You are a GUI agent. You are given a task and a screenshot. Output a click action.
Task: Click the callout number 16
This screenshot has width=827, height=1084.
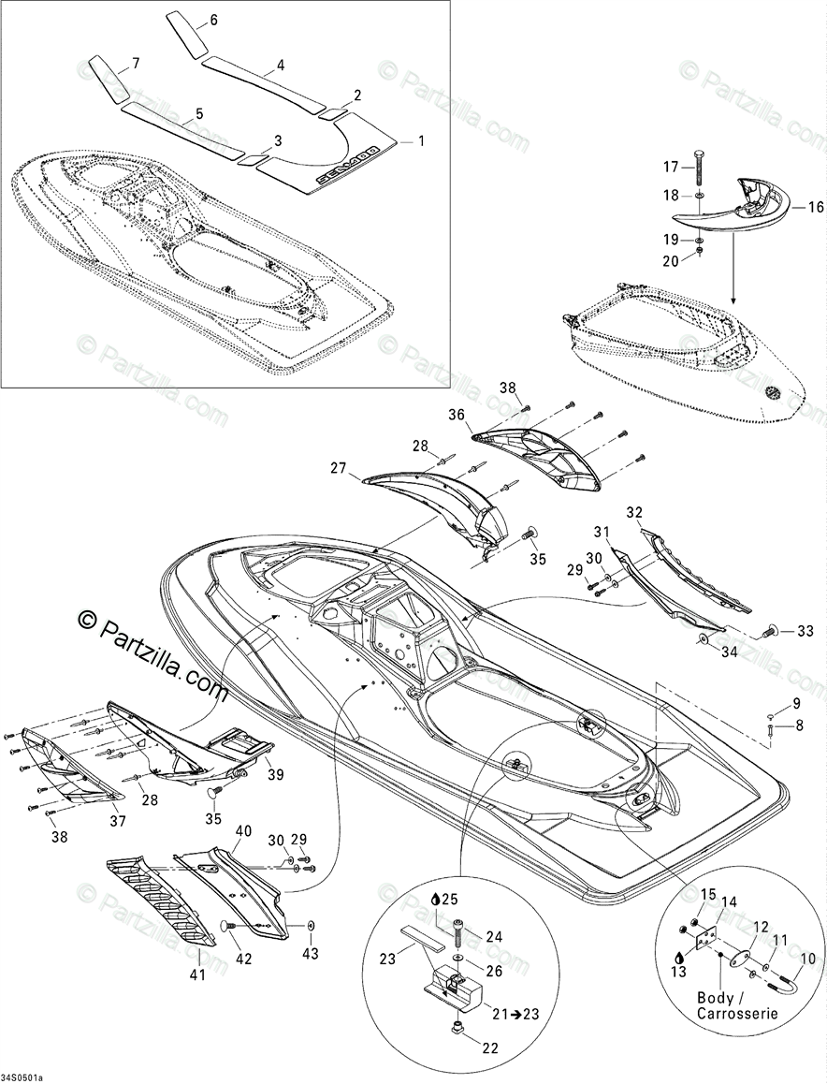816,208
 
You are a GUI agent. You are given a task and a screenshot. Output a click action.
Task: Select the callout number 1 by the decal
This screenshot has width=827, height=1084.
421,141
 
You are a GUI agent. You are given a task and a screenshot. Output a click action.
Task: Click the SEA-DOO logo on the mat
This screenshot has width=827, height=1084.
347,164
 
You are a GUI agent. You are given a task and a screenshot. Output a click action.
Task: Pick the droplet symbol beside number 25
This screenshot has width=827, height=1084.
436,899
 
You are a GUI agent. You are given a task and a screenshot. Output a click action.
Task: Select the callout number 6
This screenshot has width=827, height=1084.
213,20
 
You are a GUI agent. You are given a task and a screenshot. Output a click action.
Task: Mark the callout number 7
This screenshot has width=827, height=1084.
136,64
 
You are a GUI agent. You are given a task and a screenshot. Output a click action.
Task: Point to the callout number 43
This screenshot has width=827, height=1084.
310,954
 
